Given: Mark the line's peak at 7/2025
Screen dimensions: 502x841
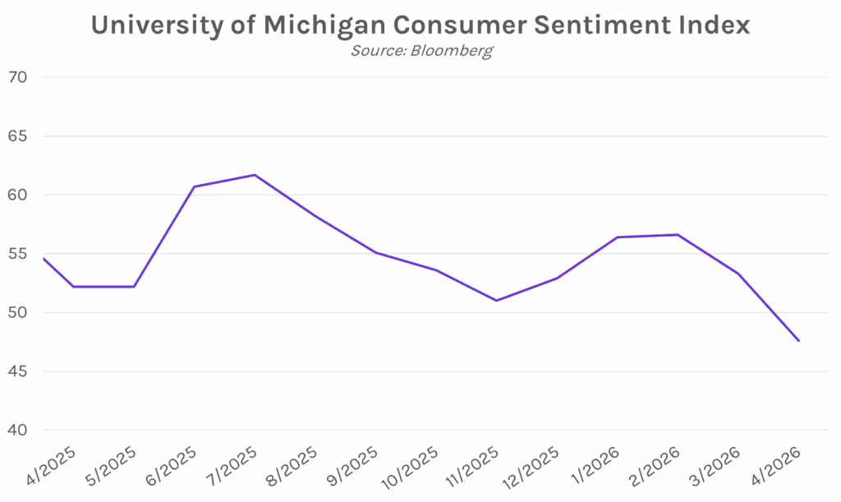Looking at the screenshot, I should [x=255, y=175].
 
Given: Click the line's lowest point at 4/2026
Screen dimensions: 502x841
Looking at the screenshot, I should [x=798, y=341].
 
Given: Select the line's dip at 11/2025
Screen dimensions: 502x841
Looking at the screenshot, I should [x=496, y=301].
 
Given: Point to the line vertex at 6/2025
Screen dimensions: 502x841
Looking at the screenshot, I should [x=194, y=187].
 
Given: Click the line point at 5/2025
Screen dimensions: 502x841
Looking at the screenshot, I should [x=134, y=287].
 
